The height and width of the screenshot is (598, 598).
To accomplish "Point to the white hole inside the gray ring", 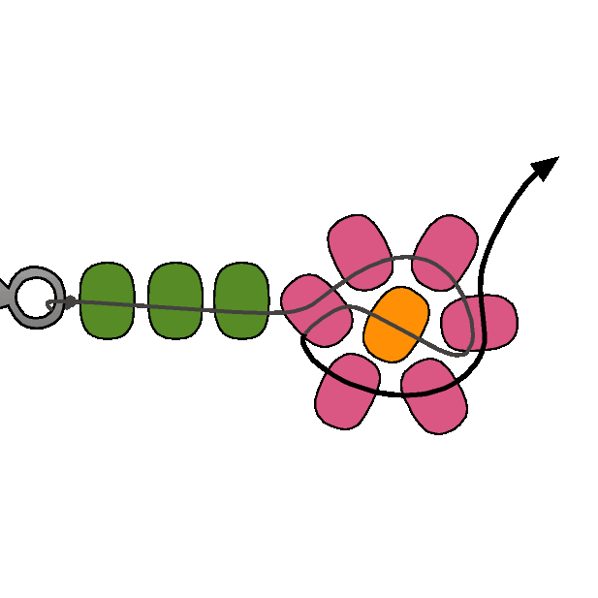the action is click(36, 298).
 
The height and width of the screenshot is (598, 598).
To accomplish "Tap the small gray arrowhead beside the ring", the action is click(71, 302).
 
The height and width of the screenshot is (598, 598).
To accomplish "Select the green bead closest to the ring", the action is click(107, 300).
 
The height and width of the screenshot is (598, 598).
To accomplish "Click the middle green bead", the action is click(174, 300).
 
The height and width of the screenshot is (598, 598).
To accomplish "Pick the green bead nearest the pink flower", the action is click(240, 300).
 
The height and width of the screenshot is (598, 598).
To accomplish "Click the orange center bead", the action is click(396, 324).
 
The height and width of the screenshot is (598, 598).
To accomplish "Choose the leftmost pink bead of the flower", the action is click(316, 309).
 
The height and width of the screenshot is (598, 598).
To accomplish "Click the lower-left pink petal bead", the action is click(347, 390).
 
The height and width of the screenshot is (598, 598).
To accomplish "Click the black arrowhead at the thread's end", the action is click(547, 167).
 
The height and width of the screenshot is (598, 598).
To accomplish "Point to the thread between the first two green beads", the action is click(141, 307).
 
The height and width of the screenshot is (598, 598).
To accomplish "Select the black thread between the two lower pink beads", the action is click(393, 393).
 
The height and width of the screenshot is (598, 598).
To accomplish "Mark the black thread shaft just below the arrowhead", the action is click(519, 194).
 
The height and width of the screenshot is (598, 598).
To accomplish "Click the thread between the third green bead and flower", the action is click(275, 311).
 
